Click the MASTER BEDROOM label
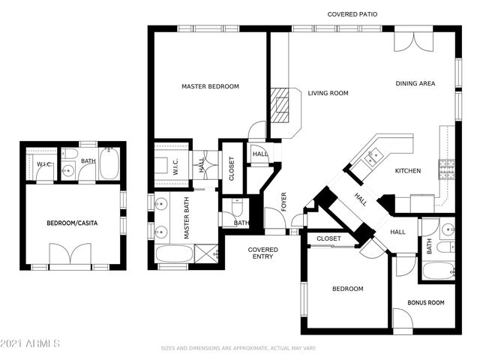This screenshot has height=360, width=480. [x=210, y=87]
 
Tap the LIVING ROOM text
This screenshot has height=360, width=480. [x=328, y=94]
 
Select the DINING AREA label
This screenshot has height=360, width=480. [x=415, y=84]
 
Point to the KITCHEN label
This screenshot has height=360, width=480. [x=408, y=171]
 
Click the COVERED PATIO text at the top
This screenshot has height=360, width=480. [x=352, y=15]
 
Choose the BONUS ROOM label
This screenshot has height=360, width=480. [x=426, y=303]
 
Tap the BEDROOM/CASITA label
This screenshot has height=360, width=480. [x=72, y=223]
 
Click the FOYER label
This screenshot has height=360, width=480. [x=284, y=201]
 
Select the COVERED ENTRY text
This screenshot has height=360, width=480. [x=263, y=253]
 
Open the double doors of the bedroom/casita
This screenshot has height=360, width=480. [x=70, y=254]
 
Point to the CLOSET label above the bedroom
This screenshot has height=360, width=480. [x=328, y=238]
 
